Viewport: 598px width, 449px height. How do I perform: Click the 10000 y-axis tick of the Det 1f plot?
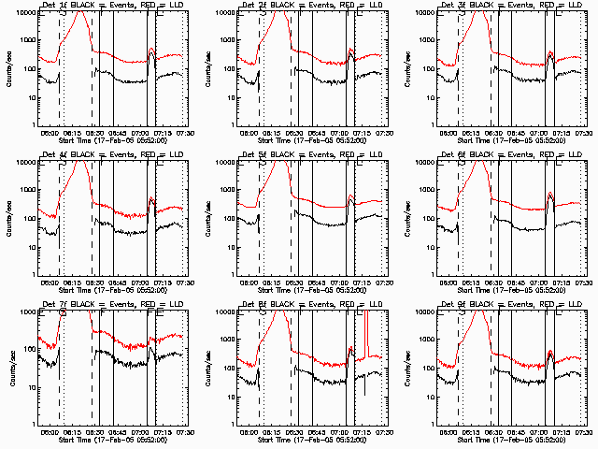[26, 13]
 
